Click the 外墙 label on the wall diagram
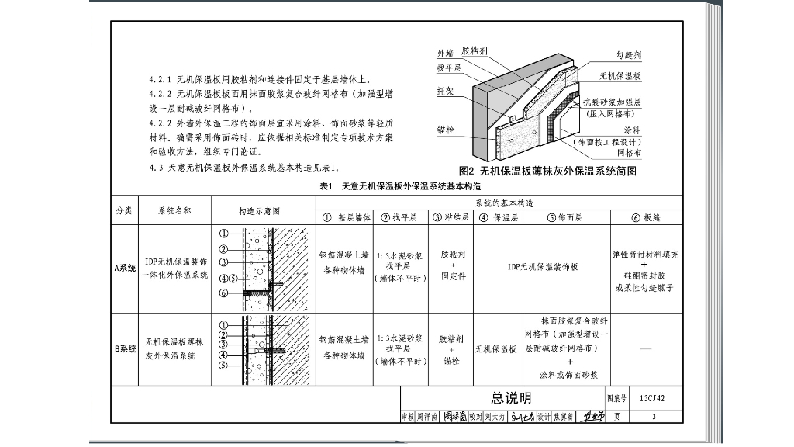(x=444, y=54)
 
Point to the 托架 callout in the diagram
(x=444, y=91)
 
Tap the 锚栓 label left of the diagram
(x=444, y=131)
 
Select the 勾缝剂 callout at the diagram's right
(x=628, y=56)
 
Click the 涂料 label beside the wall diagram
(x=631, y=130)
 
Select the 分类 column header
(x=124, y=210)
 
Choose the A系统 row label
(x=124, y=268)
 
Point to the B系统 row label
(x=124, y=349)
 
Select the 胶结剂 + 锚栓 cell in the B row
(x=451, y=349)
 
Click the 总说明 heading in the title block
(x=511, y=398)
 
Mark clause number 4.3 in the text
(x=156, y=168)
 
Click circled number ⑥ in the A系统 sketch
(x=223, y=293)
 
